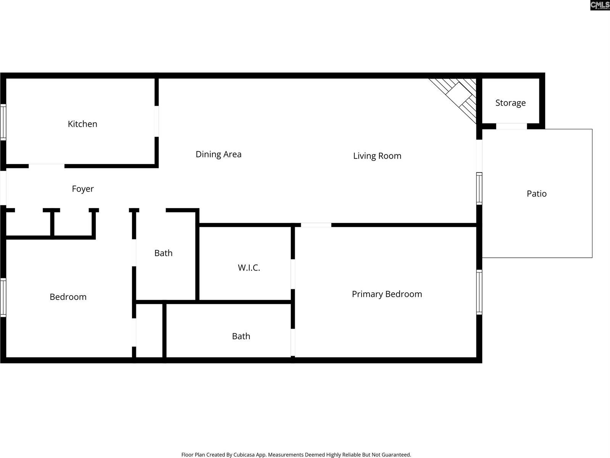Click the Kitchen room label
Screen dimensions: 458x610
pyautogui.click(x=82, y=124)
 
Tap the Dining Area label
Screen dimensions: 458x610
pyautogui.click(x=218, y=154)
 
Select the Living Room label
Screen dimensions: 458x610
pyautogui.click(x=377, y=156)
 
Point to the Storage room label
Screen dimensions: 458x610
pyautogui.click(x=510, y=103)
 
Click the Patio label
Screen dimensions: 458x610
pyautogui.click(x=536, y=194)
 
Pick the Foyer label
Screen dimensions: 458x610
pyautogui.click(x=83, y=189)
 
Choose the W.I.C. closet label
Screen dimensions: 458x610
pyautogui.click(x=249, y=268)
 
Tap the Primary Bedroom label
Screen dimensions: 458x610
pyautogui.click(x=387, y=294)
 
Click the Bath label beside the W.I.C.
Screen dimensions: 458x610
pyautogui.click(x=163, y=253)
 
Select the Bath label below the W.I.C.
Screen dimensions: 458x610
pyautogui.click(x=241, y=336)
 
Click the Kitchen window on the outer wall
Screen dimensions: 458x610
pyautogui.click(x=3, y=122)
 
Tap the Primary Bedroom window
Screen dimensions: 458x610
pyautogui.click(x=479, y=292)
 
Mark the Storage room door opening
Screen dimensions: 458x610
pyautogui.click(x=511, y=126)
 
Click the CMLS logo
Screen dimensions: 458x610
pyautogui.click(x=600, y=5)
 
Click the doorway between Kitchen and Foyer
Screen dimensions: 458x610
pyautogui.click(x=47, y=166)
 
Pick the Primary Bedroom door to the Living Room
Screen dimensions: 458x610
pyautogui.click(x=316, y=225)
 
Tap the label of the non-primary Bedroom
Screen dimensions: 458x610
pyautogui.click(x=68, y=297)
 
